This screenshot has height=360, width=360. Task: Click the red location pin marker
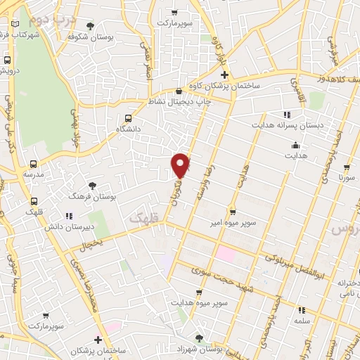pyautogui.click(x=181, y=165)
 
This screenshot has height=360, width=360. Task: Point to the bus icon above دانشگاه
pyautogui.click(x=127, y=118)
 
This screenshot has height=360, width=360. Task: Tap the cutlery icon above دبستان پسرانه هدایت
pyautogui.click(x=286, y=115)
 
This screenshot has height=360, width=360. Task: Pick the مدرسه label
pyautogui.click(x=33, y=174)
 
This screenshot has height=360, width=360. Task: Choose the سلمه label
pyautogui.click(x=302, y=320)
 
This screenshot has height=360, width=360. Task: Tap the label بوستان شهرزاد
pyautogui.click(x=200, y=349)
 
